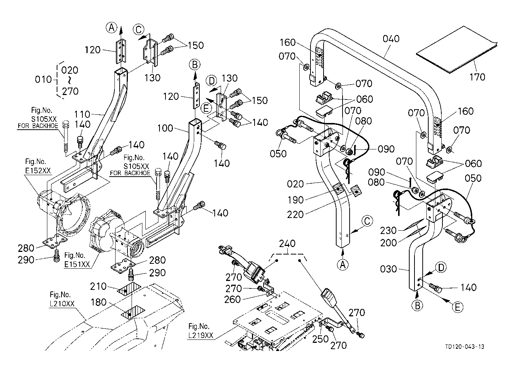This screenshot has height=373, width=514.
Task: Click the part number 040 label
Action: (391, 39)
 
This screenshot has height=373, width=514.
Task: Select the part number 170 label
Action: (477, 77)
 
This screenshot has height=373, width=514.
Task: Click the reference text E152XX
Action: (38, 171)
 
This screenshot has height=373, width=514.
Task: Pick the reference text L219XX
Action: (201, 335)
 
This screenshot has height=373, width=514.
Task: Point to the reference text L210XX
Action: (62, 304)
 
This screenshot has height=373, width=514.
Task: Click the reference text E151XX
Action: (77, 265)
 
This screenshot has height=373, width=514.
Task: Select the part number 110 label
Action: (82, 114)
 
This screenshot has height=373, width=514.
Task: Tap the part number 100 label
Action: (165, 128)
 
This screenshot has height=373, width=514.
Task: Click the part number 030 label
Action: (388, 269)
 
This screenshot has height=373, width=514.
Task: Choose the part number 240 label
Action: (287, 243)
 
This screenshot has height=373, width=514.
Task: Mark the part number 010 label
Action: (43, 79)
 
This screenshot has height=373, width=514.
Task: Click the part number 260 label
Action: (233, 299)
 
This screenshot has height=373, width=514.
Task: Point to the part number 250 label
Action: (320, 339)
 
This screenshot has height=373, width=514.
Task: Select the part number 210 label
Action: (98, 286)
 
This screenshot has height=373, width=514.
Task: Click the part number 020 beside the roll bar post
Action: (295, 184)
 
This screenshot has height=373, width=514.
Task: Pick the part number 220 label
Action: (295, 215)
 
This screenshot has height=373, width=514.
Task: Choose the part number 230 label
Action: (388, 231)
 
